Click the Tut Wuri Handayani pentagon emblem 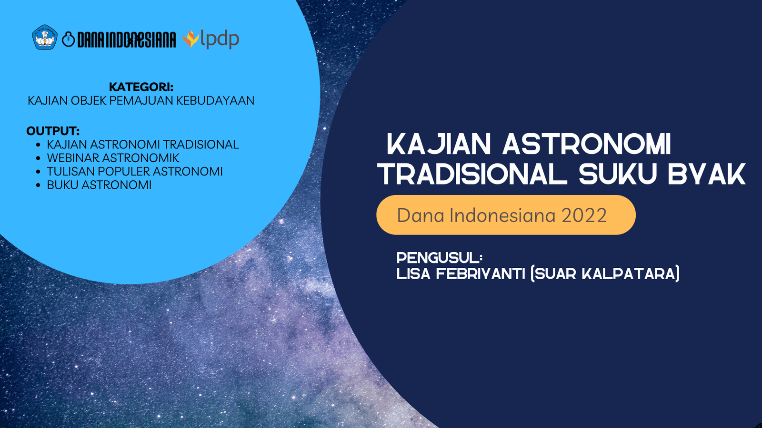coord(45,38)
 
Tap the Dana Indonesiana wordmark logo coord(119,40)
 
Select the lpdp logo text coord(220,39)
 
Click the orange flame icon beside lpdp coord(191,39)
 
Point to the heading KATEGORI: coord(141,87)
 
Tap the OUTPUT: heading coord(53,131)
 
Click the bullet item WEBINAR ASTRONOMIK coord(113,158)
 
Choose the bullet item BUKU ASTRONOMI coord(99,185)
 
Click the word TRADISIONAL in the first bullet coord(201,145)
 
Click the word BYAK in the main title coord(707,175)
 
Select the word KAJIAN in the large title coord(439,144)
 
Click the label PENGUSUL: coord(439,258)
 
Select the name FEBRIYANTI coord(481,273)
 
